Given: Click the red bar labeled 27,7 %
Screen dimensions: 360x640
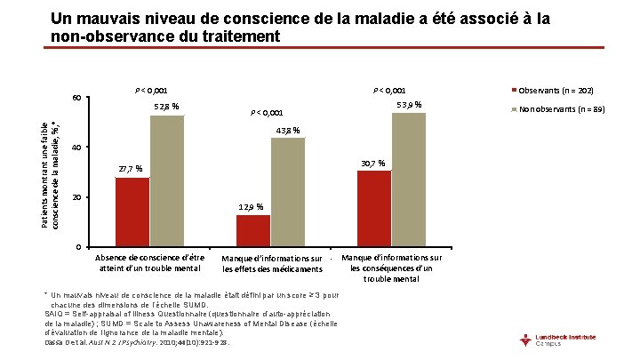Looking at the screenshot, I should [x=132, y=212].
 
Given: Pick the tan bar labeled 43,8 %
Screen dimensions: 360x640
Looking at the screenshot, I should [x=287, y=192].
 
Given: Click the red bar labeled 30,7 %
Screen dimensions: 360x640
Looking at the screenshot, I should [x=374, y=208].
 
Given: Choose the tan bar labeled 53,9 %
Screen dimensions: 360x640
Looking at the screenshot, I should [x=408, y=180].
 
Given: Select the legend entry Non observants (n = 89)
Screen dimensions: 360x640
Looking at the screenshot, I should [x=556, y=109].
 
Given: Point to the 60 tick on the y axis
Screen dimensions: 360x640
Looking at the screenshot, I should [x=76, y=98].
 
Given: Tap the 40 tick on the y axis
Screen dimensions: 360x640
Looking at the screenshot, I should [x=76, y=148].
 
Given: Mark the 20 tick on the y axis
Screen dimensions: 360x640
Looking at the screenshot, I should [x=76, y=197].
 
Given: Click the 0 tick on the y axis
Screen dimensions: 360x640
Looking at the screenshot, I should [x=79, y=247].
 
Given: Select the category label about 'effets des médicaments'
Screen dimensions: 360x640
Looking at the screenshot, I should [x=273, y=264].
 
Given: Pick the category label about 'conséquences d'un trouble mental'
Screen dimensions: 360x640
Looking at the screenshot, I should [x=392, y=268].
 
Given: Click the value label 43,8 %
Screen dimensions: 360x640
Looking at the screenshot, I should [x=287, y=131].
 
